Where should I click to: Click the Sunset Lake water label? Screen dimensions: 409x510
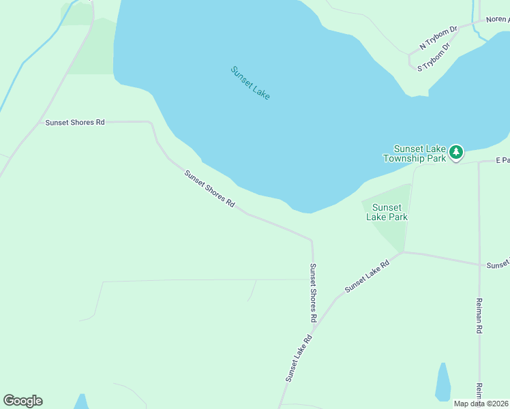pyautogui.click(x=250, y=83)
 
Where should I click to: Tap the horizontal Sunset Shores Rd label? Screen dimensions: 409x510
pyautogui.click(x=75, y=123)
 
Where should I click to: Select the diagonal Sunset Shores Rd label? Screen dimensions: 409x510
pyautogui.click(x=209, y=189)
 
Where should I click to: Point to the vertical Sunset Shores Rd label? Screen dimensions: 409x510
pyautogui.click(x=313, y=292)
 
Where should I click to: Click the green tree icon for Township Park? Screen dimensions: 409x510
pyautogui.click(x=455, y=152)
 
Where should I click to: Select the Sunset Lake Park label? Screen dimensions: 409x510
pyautogui.click(x=387, y=212)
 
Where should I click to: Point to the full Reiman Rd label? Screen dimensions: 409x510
pyautogui.click(x=479, y=316)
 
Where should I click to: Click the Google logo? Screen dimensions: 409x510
pyautogui.click(x=22, y=401)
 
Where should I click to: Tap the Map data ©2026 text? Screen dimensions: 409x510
pyautogui.click(x=481, y=404)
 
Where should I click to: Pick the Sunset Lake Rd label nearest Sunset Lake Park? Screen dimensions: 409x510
pyautogui.click(x=366, y=276)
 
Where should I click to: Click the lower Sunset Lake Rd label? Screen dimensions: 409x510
pyautogui.click(x=299, y=358)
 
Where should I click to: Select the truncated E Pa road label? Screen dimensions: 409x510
pyautogui.click(x=502, y=161)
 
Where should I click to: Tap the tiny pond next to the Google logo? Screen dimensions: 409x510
pyautogui.click(x=81, y=402)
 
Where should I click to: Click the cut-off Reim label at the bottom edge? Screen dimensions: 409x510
pyautogui.click(x=479, y=394)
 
